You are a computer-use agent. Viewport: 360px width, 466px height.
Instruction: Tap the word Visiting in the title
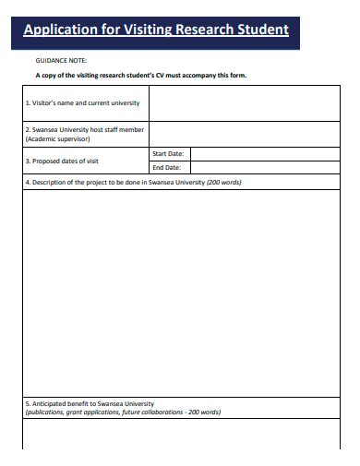coord(138,30)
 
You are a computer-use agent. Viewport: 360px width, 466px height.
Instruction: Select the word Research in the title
coord(201,30)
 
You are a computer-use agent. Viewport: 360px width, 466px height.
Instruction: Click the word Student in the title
coord(262,30)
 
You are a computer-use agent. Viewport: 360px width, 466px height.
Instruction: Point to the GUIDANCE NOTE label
coord(61,60)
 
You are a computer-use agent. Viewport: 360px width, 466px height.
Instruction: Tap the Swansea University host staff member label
coord(84,129)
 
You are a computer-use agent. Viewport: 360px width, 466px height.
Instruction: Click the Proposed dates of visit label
coord(62,161)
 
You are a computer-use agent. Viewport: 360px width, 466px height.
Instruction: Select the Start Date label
coord(168,153)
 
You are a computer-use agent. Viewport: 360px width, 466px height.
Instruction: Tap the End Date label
coord(166,168)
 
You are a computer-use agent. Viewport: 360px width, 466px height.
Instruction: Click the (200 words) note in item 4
coord(223,183)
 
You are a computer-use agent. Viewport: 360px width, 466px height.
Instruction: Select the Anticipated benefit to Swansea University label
coord(90,404)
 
